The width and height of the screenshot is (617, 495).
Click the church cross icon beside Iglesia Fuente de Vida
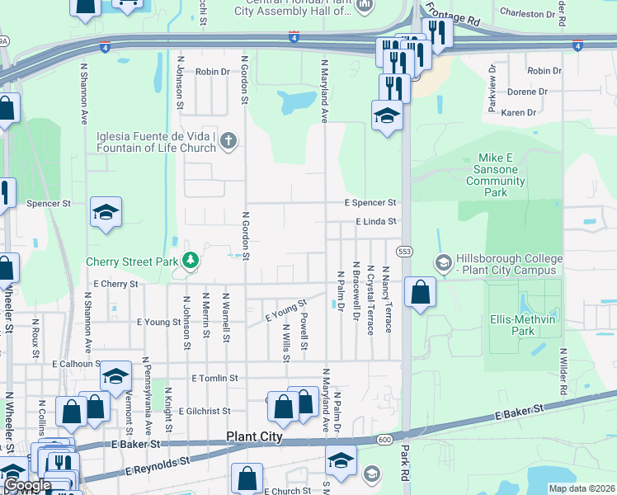pyautogui.click(x=228, y=142)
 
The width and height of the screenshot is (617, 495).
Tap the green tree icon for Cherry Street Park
pyautogui.click(x=191, y=262)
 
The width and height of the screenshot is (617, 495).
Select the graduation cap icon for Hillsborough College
pyautogui.click(x=443, y=262)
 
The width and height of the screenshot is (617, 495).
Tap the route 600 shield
pyautogui.click(x=385, y=440)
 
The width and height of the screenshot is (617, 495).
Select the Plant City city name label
pyautogui.click(x=255, y=436)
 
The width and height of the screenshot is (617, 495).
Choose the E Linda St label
pyautogui.click(x=376, y=221)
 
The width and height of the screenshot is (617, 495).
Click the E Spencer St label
pyautogui.click(x=370, y=202)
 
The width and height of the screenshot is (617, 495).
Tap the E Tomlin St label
pyautogui.click(x=214, y=378)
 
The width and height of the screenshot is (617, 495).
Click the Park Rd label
pyautogui.click(x=405, y=466)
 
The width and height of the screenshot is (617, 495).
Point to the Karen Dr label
pyautogui.click(x=519, y=112)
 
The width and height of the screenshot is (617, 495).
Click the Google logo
pyautogui.click(x=26, y=485)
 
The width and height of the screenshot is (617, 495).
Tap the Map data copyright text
pyautogui.click(x=582, y=488)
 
